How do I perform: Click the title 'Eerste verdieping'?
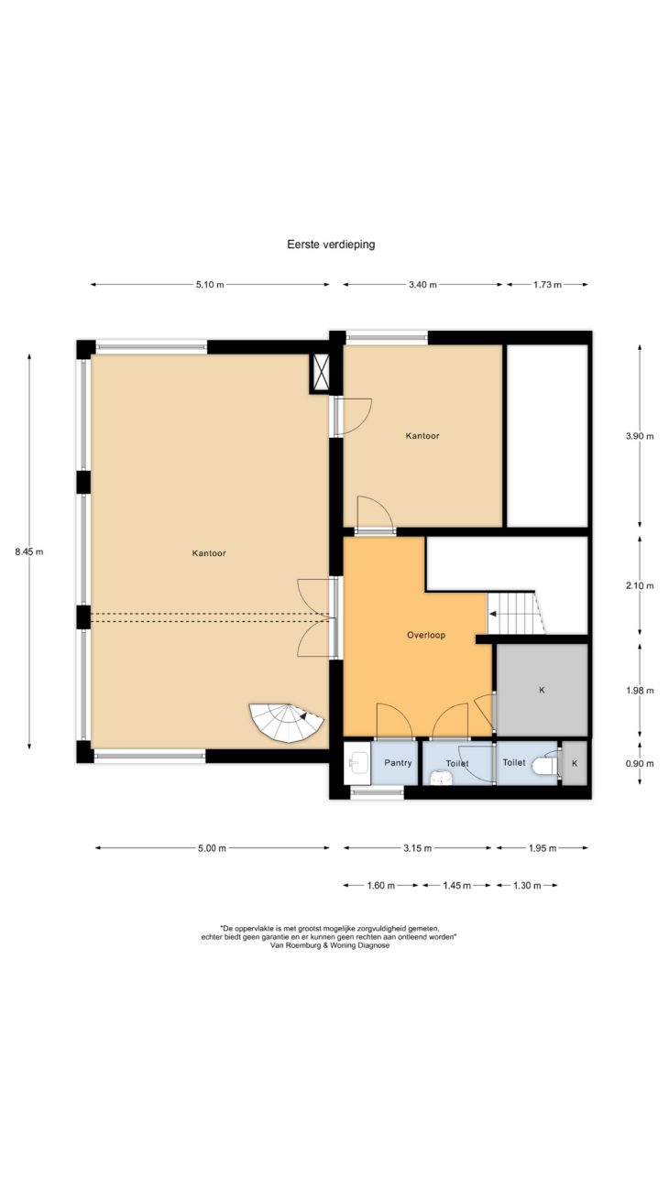point(331,245)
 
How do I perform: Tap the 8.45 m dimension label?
point(29,551)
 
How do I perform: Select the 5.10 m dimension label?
point(210,285)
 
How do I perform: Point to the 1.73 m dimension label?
point(547,285)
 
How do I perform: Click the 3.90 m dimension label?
point(640,436)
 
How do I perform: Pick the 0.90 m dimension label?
point(640,764)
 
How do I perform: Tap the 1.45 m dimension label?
point(456,886)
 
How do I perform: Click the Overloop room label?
point(426,635)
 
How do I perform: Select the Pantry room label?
point(398,763)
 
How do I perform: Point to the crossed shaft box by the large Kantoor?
point(320,374)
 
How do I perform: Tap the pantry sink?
point(356,764)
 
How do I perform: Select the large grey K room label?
point(542,690)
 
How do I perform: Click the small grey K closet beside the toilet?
point(575,763)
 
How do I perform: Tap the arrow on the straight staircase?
point(493,614)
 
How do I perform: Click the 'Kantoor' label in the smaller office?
point(422,436)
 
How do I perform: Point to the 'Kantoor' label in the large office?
point(209,553)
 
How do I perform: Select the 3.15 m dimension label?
point(417,848)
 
